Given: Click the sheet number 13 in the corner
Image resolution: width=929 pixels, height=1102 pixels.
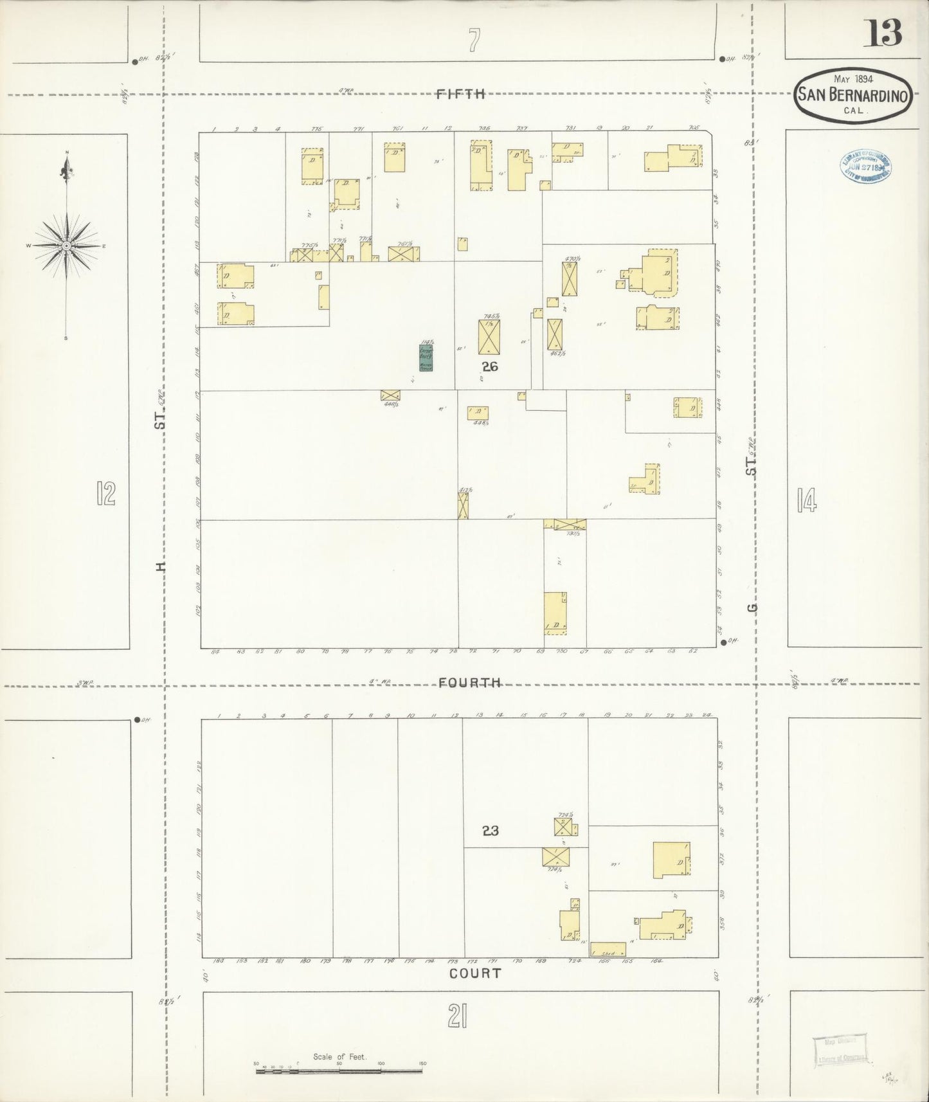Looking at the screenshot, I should tap(885, 33).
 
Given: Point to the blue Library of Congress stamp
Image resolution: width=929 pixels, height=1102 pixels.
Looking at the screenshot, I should tap(866, 167).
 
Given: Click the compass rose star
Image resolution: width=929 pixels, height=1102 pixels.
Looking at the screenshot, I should tap(66, 246).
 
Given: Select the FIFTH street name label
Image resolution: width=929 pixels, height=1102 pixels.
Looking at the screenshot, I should tap(460, 94).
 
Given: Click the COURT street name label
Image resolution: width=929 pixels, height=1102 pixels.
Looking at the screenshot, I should tap(474, 973).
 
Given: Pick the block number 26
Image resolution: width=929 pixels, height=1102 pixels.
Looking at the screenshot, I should tap(490, 367).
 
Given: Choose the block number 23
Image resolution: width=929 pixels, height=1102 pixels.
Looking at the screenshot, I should tap(490, 831).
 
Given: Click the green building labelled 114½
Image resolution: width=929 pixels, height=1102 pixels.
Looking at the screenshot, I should tap(426, 357).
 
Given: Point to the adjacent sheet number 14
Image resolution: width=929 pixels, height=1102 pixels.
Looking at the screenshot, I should tap(806, 500).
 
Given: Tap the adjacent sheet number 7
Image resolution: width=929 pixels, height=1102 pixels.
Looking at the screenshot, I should tap(474, 40).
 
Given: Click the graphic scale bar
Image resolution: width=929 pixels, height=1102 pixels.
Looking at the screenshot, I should tap(339, 1072).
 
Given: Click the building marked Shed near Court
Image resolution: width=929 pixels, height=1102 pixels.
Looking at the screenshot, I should tap(608, 949).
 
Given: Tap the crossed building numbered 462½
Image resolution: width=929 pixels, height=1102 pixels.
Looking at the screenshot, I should tap(554, 334).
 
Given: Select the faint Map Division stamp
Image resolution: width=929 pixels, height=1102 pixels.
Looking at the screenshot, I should tap(840, 1051).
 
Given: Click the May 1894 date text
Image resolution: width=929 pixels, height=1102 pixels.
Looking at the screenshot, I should tap(852, 79).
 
